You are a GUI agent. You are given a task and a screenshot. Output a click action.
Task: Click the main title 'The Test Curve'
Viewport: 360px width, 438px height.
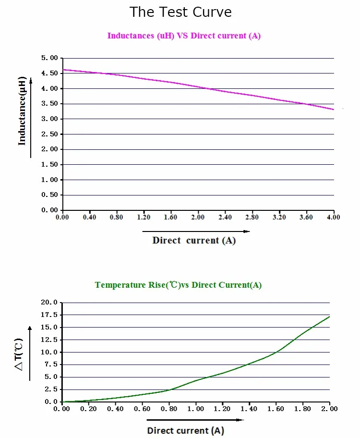point(180,12)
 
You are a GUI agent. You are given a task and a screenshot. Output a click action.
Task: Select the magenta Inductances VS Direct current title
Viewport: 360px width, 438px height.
point(184,36)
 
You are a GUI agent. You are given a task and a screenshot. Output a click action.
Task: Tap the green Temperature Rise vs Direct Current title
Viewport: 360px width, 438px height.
point(178,285)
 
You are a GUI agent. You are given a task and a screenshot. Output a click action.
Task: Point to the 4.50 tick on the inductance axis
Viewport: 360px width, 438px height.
point(50,73)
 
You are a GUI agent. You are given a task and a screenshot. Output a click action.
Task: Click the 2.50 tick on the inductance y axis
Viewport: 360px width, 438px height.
point(50,134)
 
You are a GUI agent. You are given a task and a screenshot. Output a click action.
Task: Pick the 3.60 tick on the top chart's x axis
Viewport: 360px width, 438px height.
point(306,217)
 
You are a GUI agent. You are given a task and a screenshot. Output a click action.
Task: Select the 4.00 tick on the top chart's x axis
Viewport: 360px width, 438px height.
point(333,217)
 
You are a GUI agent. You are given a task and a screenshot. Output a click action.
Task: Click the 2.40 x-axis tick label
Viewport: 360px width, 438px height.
point(225,217)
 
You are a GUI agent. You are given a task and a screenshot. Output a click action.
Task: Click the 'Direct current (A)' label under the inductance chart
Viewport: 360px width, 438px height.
point(194,240)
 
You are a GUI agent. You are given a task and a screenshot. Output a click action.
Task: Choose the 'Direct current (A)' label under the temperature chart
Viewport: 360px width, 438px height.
point(185,430)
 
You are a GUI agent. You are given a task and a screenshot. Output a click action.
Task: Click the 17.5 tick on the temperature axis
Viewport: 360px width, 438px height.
point(50,315)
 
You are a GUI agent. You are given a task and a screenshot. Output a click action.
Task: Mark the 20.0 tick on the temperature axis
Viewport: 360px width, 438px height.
point(50,303)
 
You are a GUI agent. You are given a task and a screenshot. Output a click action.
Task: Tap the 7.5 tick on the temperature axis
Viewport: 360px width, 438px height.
point(51,365)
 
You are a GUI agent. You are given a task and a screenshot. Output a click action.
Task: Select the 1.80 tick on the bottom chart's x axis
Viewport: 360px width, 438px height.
point(302,409)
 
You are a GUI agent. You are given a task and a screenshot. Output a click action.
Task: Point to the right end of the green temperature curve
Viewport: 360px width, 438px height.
point(329,316)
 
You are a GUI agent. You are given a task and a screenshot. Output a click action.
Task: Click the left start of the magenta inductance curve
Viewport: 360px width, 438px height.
point(63,70)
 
